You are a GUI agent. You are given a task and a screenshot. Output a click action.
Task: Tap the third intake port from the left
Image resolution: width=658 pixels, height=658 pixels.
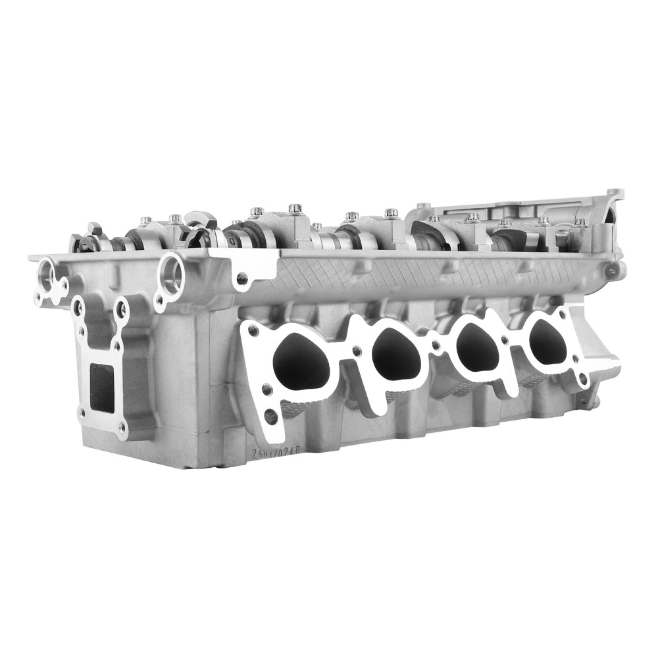[476, 347]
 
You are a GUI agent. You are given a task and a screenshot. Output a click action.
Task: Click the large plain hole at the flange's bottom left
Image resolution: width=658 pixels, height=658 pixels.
[270, 416]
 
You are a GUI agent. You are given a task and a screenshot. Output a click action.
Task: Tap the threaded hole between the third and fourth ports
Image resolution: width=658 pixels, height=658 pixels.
[505, 340]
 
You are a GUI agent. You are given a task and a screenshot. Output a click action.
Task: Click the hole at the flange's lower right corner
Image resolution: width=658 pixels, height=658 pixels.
[582, 378]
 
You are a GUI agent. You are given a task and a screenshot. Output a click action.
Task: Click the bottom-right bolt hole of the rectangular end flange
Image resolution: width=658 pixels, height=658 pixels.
[122, 427]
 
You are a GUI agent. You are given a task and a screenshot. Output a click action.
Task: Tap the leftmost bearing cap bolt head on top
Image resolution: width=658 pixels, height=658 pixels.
[145, 221]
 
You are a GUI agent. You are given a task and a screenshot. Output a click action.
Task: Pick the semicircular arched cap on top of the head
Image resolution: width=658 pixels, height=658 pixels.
[197, 224]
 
